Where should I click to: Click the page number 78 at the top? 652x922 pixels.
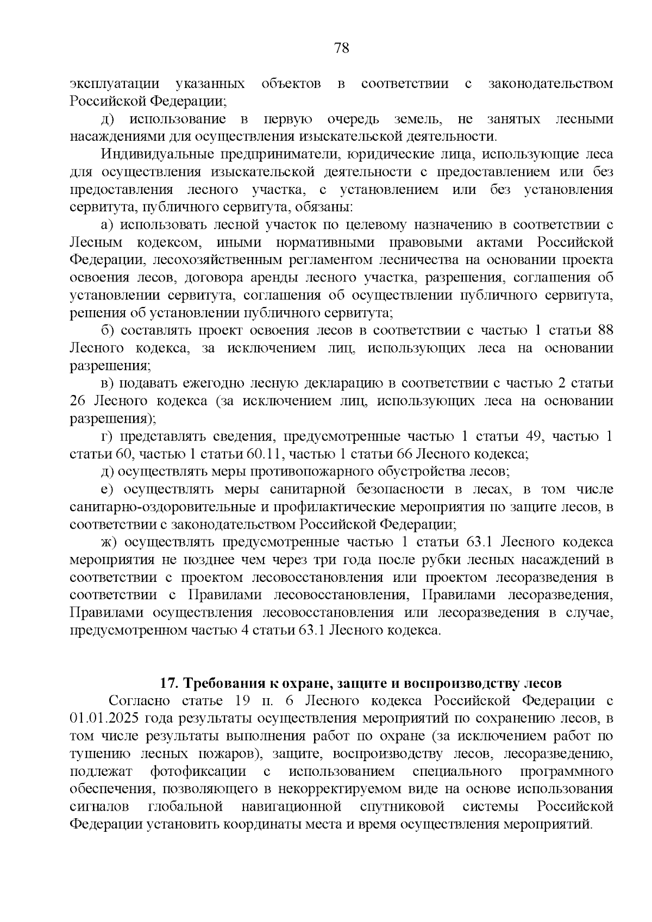(x=342, y=48)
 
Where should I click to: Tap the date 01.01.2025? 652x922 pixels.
(x=105, y=718)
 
